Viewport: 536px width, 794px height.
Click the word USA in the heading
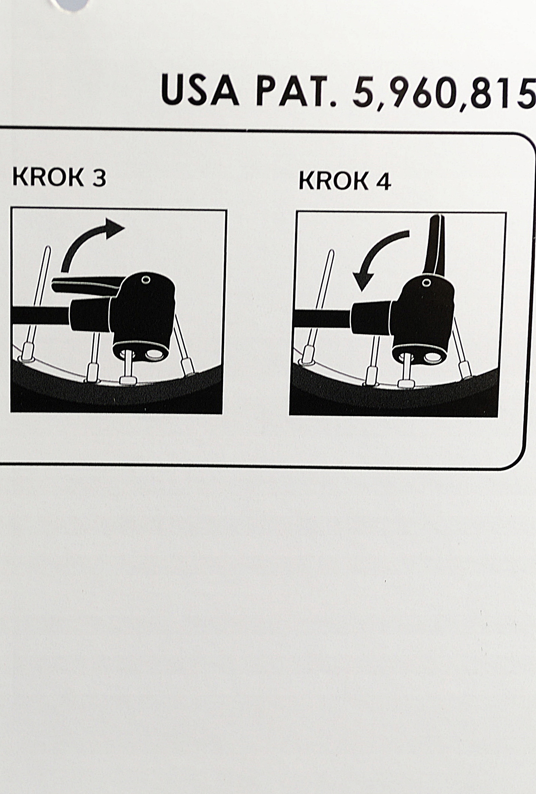pyautogui.click(x=200, y=90)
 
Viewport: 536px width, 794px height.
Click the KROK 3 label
pyautogui.click(x=59, y=176)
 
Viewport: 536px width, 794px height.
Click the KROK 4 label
pyautogui.click(x=345, y=181)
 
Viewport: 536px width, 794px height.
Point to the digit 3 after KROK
pyautogui.click(x=99, y=177)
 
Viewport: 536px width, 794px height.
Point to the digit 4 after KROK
pyautogui.click(x=383, y=181)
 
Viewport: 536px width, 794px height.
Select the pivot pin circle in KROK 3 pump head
pyautogui.click(x=145, y=279)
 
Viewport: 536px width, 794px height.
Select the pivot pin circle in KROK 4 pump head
pyautogui.click(x=426, y=282)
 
